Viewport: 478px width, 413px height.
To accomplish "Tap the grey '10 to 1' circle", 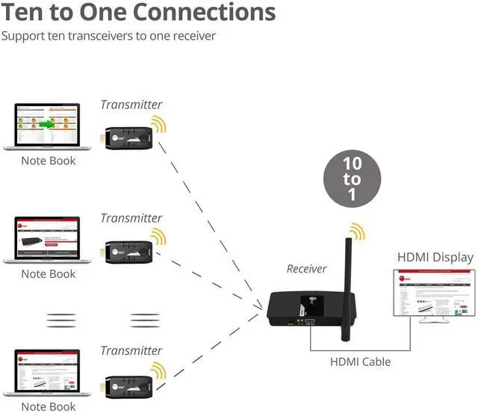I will coord(352,179).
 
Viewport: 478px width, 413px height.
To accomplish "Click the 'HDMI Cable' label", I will coord(360,362).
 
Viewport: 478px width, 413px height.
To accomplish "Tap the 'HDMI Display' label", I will coord(435,258).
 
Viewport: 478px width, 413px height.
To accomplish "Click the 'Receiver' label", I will coord(307,269).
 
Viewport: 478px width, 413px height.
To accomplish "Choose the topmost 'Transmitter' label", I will coord(131,105).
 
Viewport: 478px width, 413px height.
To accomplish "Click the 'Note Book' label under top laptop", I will coord(48,161).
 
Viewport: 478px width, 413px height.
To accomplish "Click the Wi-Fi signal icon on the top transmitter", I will coord(159,124).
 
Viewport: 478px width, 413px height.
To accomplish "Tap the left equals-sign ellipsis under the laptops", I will coord(61,320).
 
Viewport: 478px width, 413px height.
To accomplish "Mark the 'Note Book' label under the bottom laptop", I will coord(48,406).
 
